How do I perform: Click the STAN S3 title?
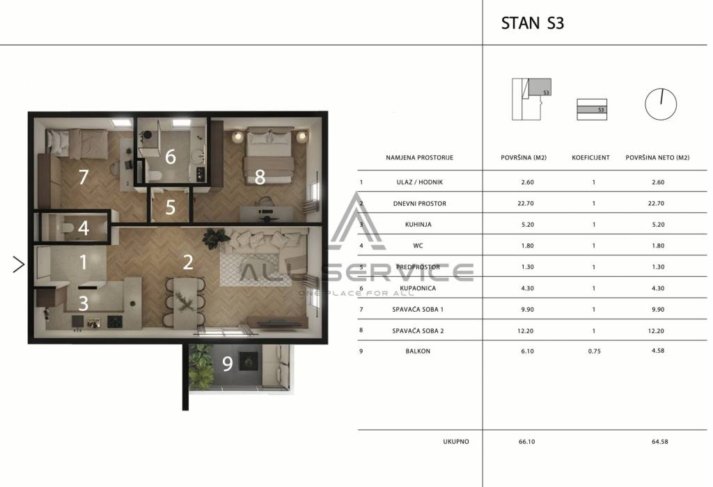coord(533,23)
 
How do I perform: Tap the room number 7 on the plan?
coord(83,177)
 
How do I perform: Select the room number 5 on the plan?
coord(170,207)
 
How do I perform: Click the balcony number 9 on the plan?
coord(228,363)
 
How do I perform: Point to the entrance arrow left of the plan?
coord(19,264)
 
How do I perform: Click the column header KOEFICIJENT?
coord(590,158)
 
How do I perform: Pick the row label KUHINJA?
coord(418,225)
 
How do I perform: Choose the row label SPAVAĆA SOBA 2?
coord(418,330)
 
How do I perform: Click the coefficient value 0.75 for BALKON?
coord(594,351)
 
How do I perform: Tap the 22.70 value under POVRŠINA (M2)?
coord(525,204)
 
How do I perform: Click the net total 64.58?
coord(659,442)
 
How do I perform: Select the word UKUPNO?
coord(455,442)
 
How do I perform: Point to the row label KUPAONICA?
coord(418,288)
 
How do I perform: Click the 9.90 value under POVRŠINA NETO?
coord(657,310)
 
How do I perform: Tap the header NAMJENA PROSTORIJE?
coord(419,158)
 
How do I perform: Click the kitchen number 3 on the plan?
coord(83,303)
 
